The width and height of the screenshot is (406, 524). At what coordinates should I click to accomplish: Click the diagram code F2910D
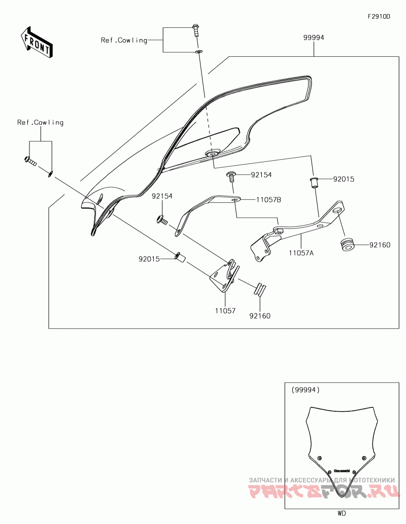(x=379, y=17)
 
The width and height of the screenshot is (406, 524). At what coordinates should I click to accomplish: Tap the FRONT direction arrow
(x=36, y=42)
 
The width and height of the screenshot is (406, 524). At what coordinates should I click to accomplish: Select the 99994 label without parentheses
(x=314, y=38)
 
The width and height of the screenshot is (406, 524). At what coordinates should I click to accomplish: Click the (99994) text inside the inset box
(x=306, y=390)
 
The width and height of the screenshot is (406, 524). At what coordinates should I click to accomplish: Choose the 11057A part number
(x=301, y=252)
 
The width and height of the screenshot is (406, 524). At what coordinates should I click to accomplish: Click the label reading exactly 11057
(x=225, y=310)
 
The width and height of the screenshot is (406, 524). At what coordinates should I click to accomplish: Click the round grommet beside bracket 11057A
(x=347, y=244)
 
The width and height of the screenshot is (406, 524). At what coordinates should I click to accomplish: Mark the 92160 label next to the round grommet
(x=380, y=246)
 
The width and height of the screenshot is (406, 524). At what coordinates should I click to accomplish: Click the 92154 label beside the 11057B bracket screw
(x=261, y=175)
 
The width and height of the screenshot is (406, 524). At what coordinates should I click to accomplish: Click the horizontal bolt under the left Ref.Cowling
(x=30, y=161)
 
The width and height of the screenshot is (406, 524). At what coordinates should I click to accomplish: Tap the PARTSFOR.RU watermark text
(x=324, y=492)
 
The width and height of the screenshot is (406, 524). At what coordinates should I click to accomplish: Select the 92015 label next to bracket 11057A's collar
(x=344, y=179)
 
